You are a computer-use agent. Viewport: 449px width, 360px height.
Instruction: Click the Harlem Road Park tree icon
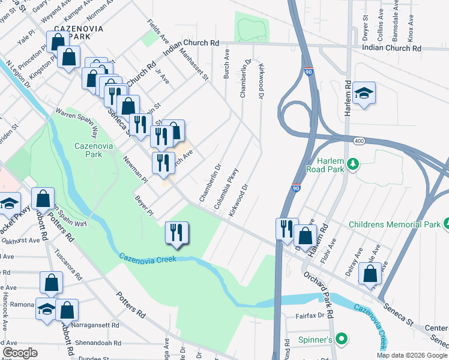(x=354, y=163)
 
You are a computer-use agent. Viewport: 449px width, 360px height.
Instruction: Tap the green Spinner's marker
(x=342, y=340)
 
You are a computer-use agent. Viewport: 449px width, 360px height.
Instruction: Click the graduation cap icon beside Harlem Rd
(x=364, y=94)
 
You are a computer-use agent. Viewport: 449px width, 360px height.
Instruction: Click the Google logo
(x=20, y=353)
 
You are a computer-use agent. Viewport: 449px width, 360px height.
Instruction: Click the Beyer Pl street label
(x=145, y=206)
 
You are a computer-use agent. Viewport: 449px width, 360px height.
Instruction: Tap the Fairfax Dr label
(x=309, y=314)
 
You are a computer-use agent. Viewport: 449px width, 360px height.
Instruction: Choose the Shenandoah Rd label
(x=95, y=343)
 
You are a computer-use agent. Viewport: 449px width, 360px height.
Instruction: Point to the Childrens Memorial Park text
(x=395, y=224)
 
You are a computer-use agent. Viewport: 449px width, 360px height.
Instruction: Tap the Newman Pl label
(x=134, y=168)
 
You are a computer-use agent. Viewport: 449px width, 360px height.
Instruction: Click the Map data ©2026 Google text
(x=412, y=355)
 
